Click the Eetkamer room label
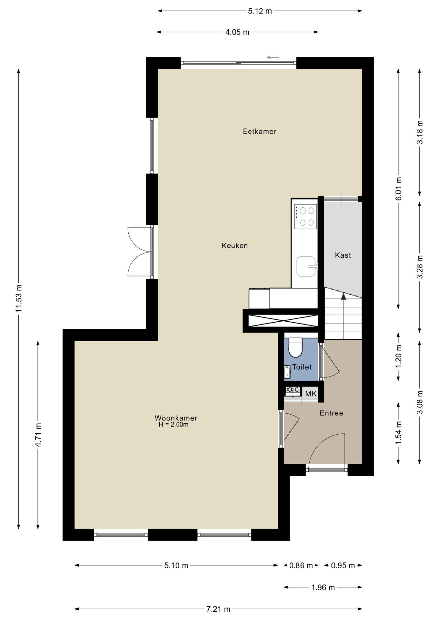tap(260, 131)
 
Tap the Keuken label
tap(235, 246)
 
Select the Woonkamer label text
tap(176, 418)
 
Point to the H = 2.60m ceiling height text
tap(174, 425)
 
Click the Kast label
tap(343, 255)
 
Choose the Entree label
tap(331, 413)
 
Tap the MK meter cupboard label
tap(311, 394)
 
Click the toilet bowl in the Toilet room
tap(295, 347)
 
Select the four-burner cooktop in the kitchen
tap(305, 216)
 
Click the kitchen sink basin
tap(306, 266)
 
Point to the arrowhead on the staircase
tap(343, 296)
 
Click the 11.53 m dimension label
tap(19, 299)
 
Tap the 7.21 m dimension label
tap(218, 609)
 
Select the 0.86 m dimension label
tap(301, 565)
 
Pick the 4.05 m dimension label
tap(237, 32)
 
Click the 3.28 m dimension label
tap(420, 267)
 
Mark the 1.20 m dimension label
tap(399, 356)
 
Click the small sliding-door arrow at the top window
tap(273, 57)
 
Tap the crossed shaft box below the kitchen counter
tap(283, 321)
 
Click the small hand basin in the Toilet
tap(287, 372)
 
